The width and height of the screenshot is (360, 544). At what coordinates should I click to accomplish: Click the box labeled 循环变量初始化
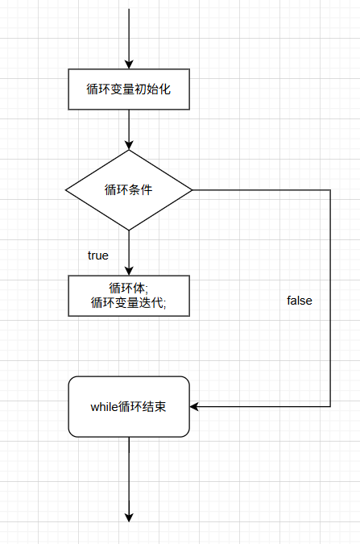click(129, 89)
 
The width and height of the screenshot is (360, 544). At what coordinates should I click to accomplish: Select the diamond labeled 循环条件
click(129, 190)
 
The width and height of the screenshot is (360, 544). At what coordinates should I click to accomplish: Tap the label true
click(97, 255)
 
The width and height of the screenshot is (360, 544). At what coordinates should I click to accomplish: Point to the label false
click(299, 301)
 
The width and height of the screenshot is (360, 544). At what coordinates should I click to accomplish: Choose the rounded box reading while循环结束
click(129, 406)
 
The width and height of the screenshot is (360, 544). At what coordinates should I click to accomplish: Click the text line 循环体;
click(129, 288)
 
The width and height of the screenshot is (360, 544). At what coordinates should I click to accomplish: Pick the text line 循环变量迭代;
click(129, 303)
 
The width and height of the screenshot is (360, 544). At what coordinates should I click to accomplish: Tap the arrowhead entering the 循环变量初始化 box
click(129, 64)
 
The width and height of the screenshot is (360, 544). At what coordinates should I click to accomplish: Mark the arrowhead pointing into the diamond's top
click(129, 145)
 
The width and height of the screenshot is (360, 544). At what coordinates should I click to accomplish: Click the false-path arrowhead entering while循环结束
click(195, 406)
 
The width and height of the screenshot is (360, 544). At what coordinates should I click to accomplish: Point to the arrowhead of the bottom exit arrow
click(129, 517)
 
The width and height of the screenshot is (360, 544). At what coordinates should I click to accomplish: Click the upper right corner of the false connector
click(330, 190)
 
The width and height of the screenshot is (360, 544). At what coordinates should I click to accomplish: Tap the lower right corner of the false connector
click(330, 406)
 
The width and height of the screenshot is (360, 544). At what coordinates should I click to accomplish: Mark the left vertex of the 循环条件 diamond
click(65, 190)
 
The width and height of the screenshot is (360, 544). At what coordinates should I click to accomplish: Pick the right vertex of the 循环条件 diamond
click(192, 190)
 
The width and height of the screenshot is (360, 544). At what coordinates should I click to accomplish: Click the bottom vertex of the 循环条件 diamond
click(129, 230)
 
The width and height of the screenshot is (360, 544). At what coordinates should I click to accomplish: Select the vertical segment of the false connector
click(330, 322)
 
